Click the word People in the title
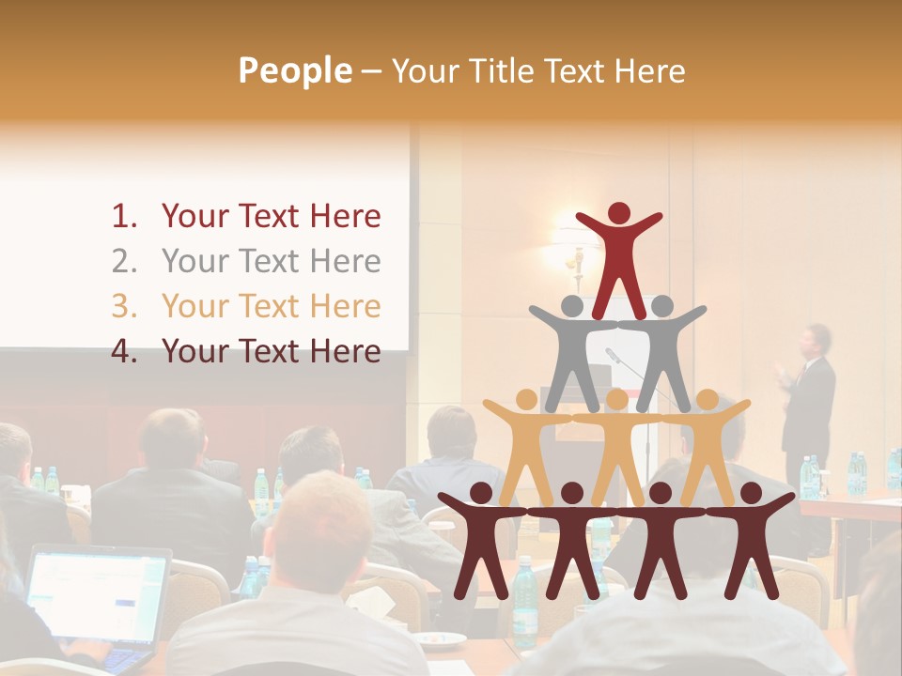(294, 70)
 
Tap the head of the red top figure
(619, 214)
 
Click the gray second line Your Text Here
(271, 262)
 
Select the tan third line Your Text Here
(271, 307)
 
